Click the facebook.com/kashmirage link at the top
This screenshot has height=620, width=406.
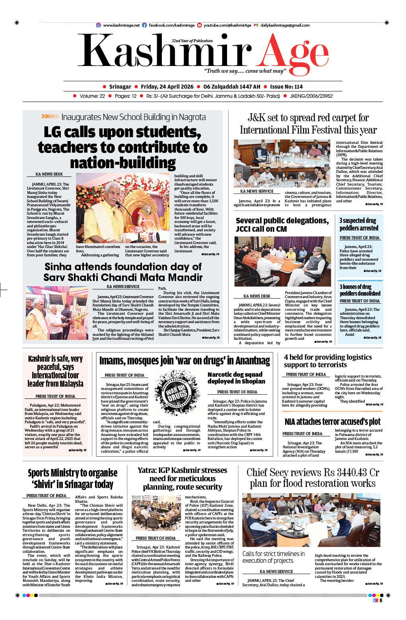click(171, 25)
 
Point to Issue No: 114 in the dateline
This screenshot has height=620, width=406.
click(286, 87)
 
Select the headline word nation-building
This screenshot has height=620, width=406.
click(123, 163)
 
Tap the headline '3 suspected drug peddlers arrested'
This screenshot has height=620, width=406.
click(359, 224)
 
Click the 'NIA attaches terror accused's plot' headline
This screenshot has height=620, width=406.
click(332, 421)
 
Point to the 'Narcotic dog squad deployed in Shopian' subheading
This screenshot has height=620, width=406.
click(236, 378)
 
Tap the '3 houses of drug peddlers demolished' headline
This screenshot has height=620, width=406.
click(360, 290)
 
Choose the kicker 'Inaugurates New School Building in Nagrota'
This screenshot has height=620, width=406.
click(133, 117)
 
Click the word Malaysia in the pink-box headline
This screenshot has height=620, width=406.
click(68, 384)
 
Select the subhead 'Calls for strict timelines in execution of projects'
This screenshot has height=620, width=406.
click(274, 557)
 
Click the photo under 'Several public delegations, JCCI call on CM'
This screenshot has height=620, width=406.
click(282, 261)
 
